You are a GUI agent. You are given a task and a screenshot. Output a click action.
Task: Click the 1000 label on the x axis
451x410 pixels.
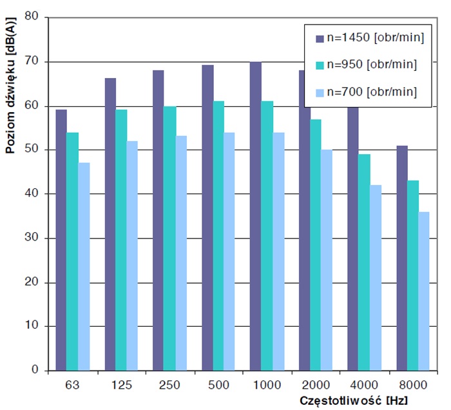(267, 385)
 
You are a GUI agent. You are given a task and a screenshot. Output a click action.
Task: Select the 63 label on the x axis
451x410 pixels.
(73, 385)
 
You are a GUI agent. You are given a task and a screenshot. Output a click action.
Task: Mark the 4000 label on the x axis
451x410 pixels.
(365, 385)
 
